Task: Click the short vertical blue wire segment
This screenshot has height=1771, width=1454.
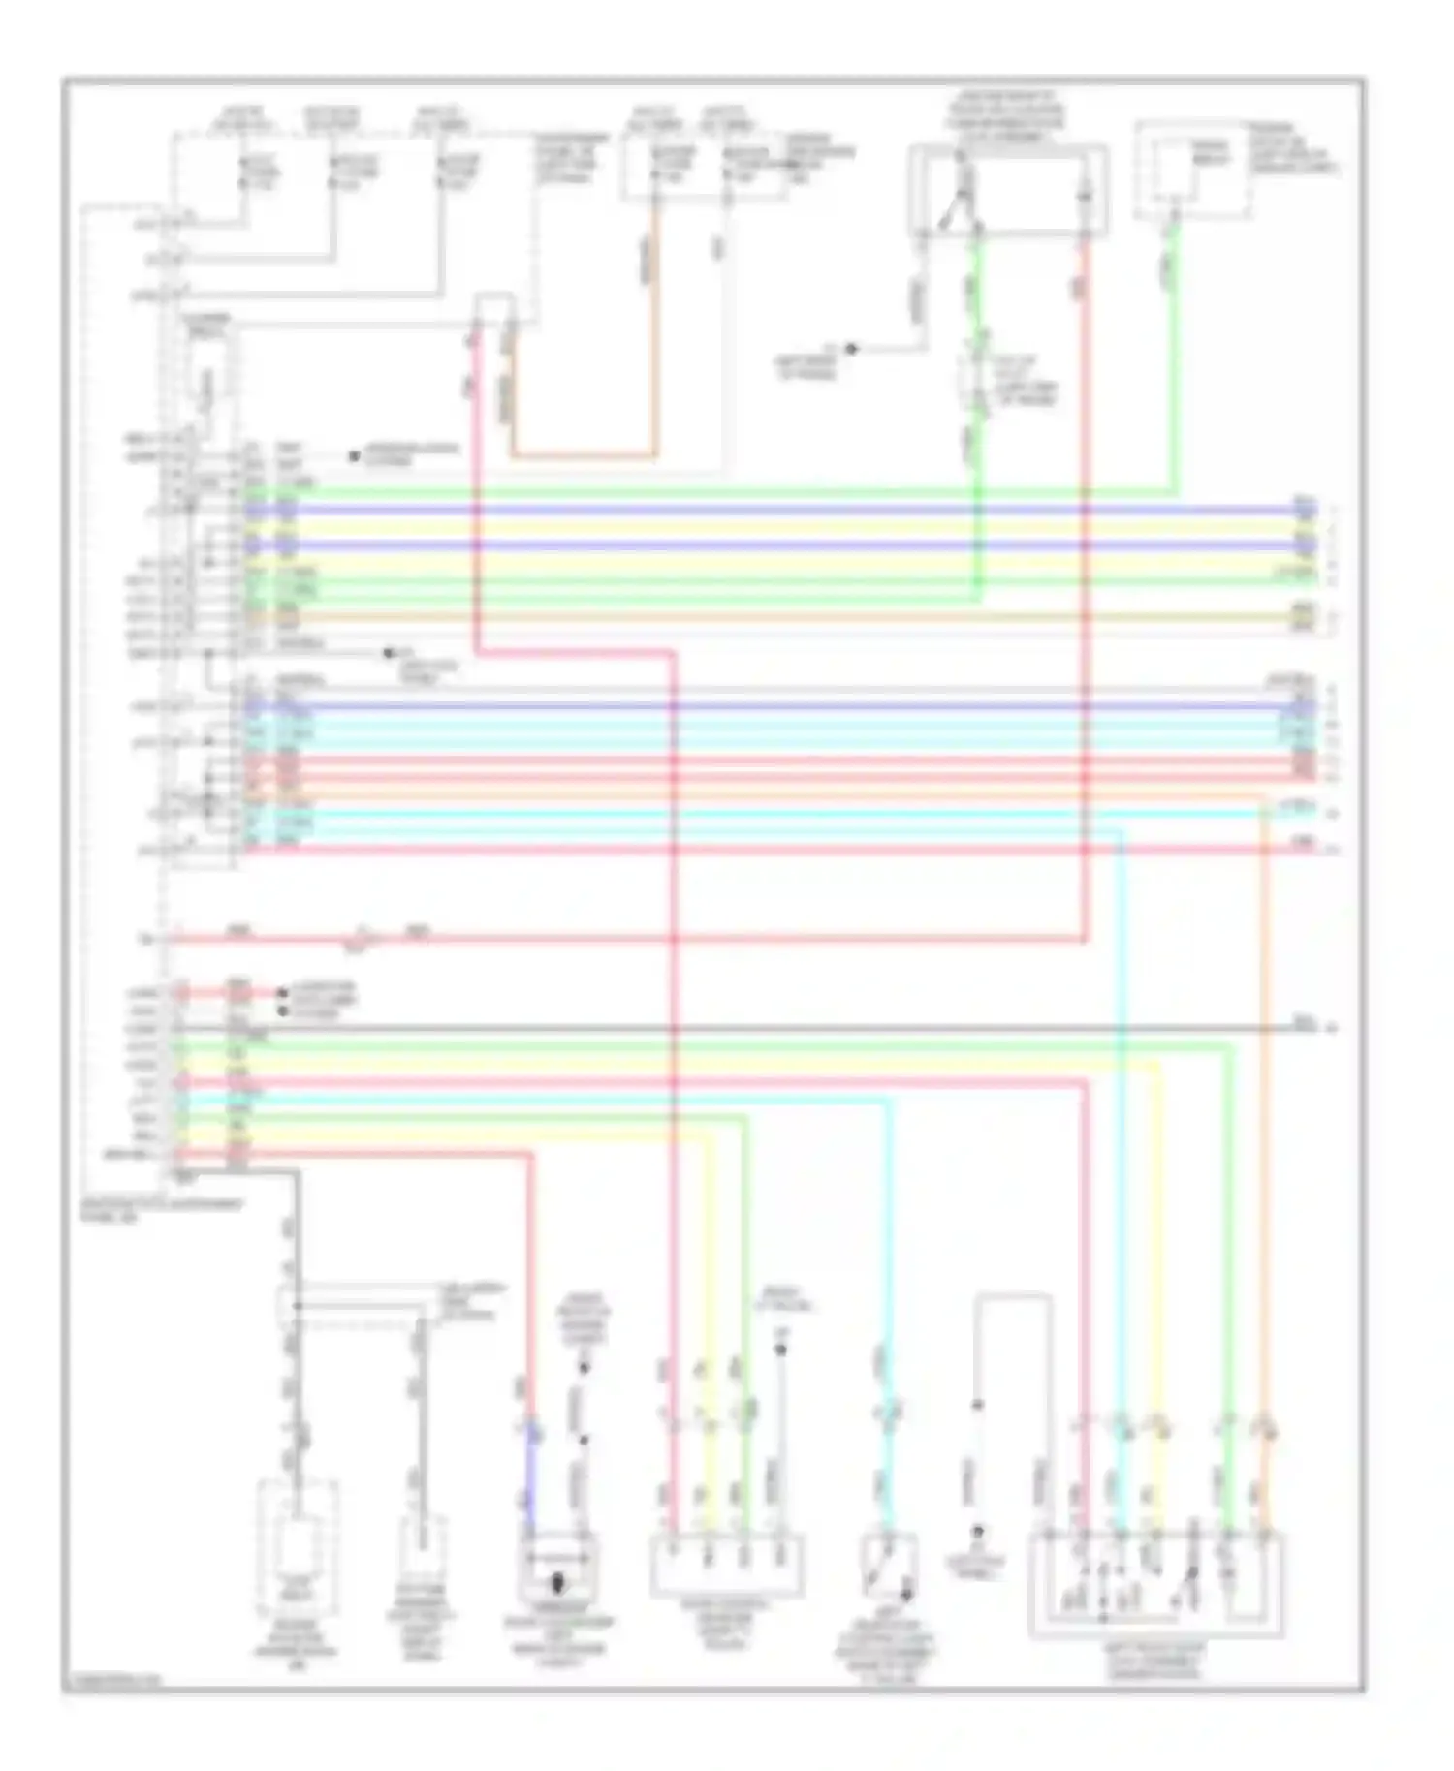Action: coord(530,1482)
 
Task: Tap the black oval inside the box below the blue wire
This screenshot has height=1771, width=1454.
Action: coord(557,1586)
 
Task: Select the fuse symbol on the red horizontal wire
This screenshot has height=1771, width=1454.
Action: coord(366,939)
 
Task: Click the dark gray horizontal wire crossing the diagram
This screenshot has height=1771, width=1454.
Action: coord(775,1027)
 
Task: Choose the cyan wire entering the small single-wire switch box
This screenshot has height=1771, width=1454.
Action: coord(884,1492)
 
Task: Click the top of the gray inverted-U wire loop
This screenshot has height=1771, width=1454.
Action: coord(1014,1295)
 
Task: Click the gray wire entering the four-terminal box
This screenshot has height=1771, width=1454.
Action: coord(779,1492)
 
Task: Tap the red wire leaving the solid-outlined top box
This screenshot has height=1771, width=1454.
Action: coord(1086,291)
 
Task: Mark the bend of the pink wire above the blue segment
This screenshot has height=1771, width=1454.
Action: coord(530,1156)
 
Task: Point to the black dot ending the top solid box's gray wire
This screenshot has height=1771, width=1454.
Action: coord(852,348)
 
